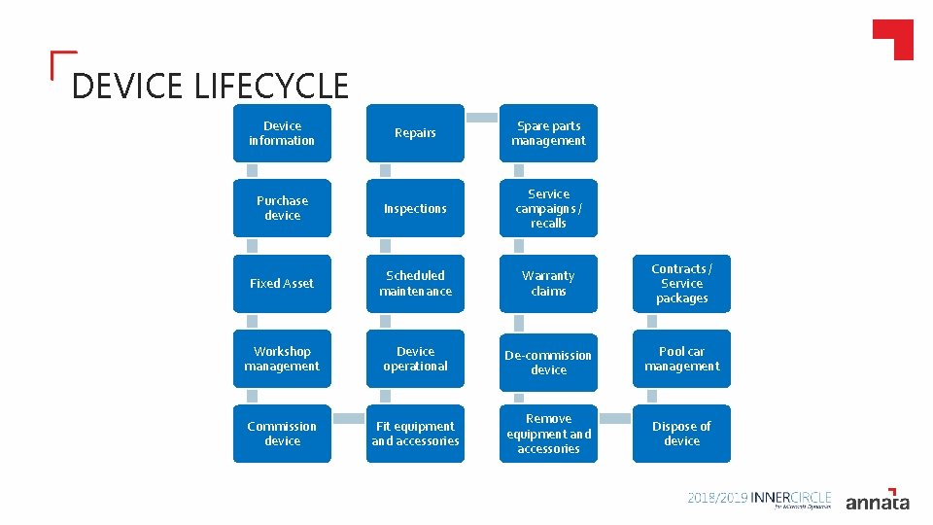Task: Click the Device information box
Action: click(x=282, y=133)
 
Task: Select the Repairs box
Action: click(x=415, y=133)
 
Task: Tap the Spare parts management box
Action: click(x=549, y=133)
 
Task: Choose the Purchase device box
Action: click(x=282, y=208)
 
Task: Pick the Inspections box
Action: click(x=415, y=208)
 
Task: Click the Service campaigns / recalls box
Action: click(x=549, y=208)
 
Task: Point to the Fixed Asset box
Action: click(x=282, y=283)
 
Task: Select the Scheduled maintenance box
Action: click(x=415, y=283)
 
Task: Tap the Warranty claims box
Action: click(x=549, y=283)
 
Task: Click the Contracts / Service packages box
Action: click(x=681, y=283)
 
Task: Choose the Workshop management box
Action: click(x=282, y=359)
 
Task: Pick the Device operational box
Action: click(x=415, y=359)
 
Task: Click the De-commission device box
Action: click(x=549, y=363)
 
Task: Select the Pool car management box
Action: click(x=681, y=359)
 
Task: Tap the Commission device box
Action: click(x=282, y=434)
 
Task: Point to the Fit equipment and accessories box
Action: click(x=415, y=434)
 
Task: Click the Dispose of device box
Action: click(x=681, y=434)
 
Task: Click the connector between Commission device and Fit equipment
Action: click(x=348, y=418)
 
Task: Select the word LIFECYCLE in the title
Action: click(x=271, y=87)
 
